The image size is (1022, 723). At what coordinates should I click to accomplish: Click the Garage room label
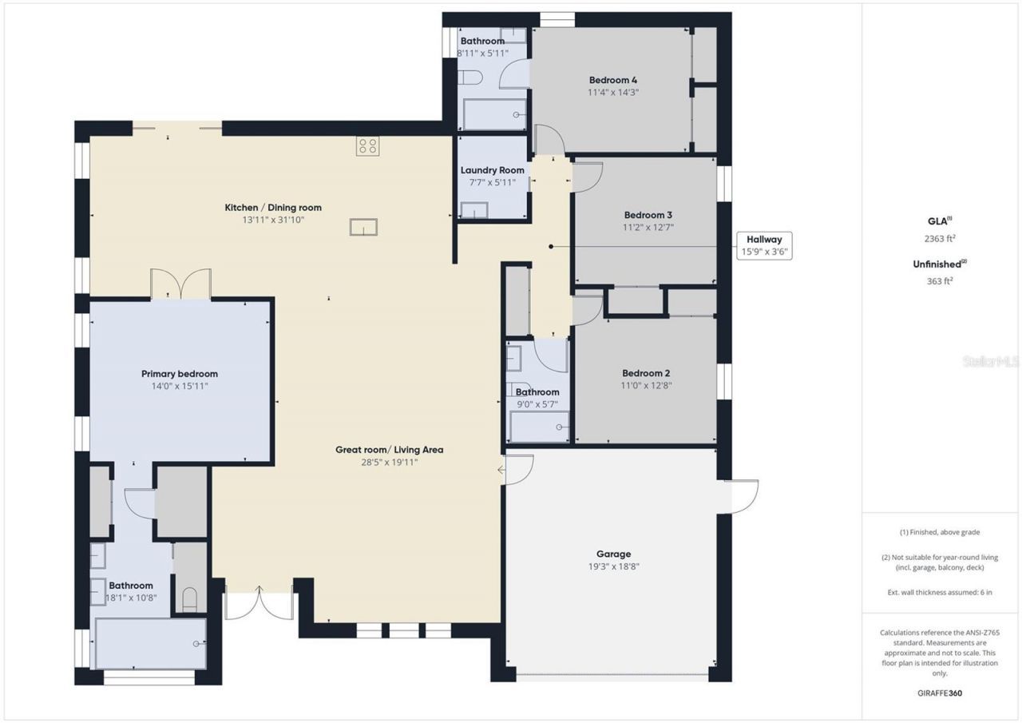[x=614, y=554]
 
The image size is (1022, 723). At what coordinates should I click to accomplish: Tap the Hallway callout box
[x=764, y=246]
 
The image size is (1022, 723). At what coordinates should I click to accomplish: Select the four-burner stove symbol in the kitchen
[x=368, y=146]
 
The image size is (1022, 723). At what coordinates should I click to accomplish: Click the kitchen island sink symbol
[x=363, y=227]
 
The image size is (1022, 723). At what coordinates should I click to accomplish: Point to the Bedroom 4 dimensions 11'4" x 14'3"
[x=613, y=92]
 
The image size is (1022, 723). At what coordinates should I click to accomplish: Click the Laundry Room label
[x=493, y=170]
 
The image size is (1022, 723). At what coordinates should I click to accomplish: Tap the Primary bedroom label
[x=180, y=374]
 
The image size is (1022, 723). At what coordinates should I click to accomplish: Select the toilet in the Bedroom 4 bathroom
[x=470, y=77]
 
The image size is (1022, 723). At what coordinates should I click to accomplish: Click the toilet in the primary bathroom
[x=189, y=599]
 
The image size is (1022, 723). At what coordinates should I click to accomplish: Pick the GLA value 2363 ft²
[x=940, y=238]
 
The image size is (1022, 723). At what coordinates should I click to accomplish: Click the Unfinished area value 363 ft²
[x=940, y=281]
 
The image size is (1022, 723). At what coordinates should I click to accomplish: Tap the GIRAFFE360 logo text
[x=940, y=693]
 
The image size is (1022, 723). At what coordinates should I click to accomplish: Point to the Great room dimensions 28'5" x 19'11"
[x=389, y=463]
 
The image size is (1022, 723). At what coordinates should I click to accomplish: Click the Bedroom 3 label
[x=648, y=215]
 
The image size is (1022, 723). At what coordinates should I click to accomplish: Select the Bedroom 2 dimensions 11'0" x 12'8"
[x=646, y=385]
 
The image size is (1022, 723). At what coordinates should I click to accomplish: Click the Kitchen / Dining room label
[x=273, y=208]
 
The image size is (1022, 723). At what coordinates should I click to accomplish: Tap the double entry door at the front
[x=259, y=603]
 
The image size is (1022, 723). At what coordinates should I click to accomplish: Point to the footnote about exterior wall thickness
[x=940, y=593]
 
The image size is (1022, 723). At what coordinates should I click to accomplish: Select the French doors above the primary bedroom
[x=181, y=284]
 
